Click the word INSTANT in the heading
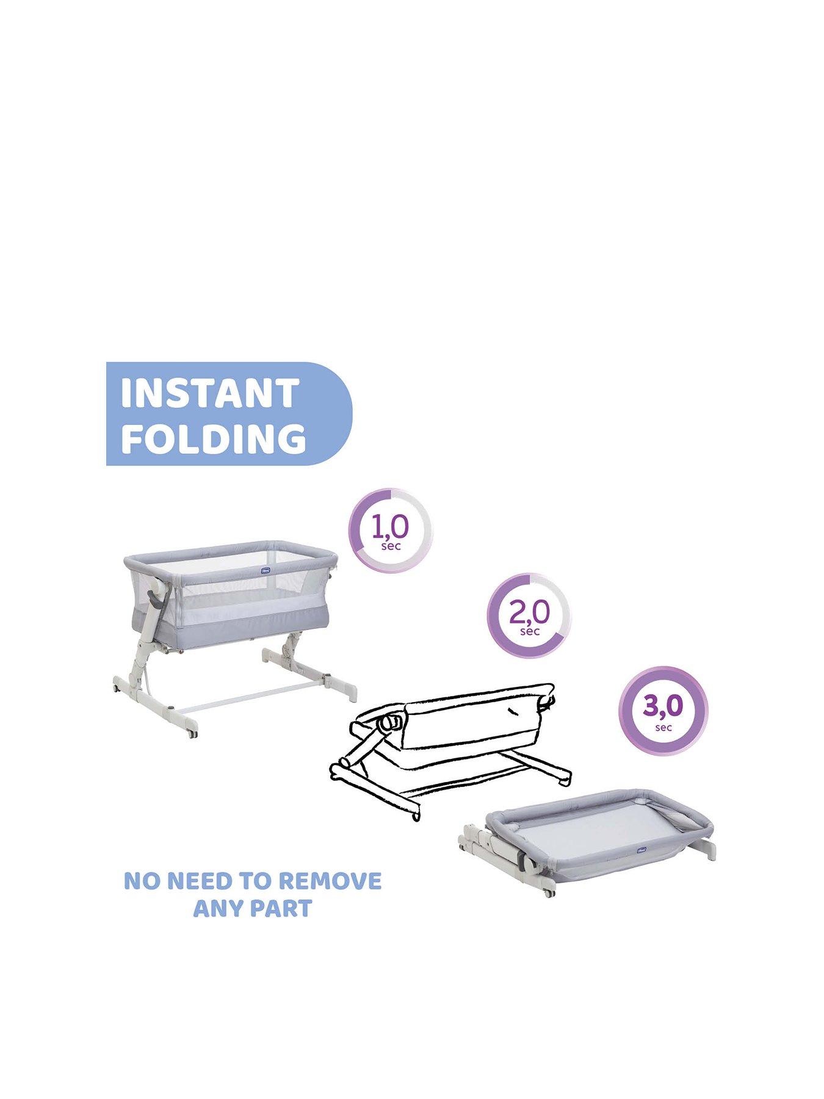[x=209, y=393]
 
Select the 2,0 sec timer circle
[x=529, y=615]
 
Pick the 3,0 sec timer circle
[x=663, y=711]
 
